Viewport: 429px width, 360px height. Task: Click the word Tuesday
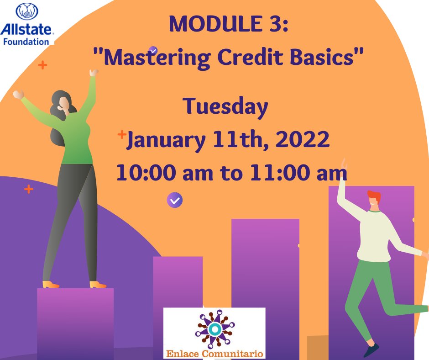[225, 107]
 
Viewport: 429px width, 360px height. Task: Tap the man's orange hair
[374, 197]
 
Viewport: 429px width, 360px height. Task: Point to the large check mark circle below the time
[175, 200]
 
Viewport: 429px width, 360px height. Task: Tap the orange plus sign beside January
[122, 134]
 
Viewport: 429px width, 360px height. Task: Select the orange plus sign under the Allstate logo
[42, 65]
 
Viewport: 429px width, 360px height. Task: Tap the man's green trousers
[365, 292]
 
